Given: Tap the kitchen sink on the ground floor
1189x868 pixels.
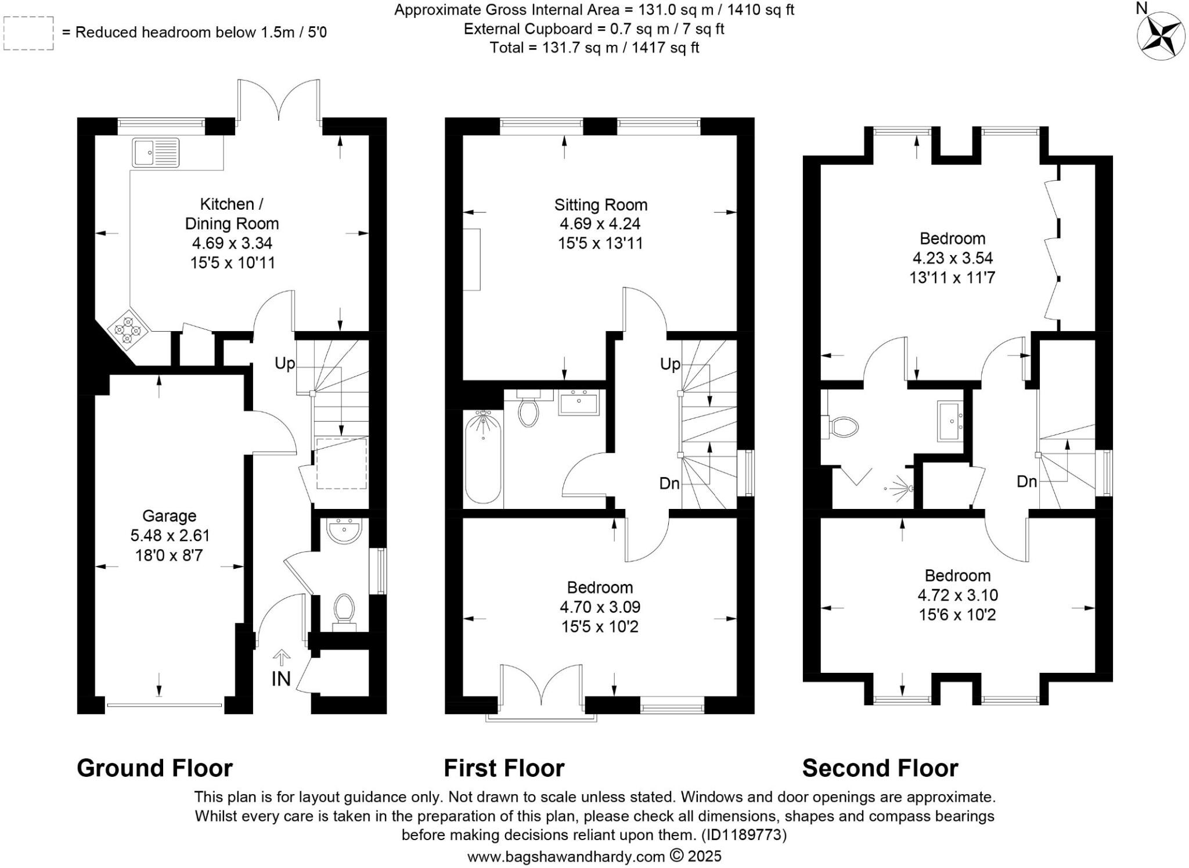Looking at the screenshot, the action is coord(155,153).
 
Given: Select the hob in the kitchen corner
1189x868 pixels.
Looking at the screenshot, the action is coord(128,329).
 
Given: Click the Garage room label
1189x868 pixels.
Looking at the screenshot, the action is coord(169,516).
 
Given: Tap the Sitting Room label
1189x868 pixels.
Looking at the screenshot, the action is coord(600,205).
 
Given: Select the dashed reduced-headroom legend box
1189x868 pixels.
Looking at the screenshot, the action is coord(28,33).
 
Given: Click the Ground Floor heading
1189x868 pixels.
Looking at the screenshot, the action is coord(154,768).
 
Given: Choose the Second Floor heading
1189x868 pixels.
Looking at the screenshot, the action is coord(880,768).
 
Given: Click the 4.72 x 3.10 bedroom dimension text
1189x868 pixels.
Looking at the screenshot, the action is coord(957,595).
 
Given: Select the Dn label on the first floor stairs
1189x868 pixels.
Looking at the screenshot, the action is coord(669,483).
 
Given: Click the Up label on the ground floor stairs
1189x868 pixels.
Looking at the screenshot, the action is coord(284,364).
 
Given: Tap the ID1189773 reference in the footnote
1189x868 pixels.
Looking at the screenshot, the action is coord(744,835).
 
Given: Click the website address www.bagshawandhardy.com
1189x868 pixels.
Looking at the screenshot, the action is coord(566,856).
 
